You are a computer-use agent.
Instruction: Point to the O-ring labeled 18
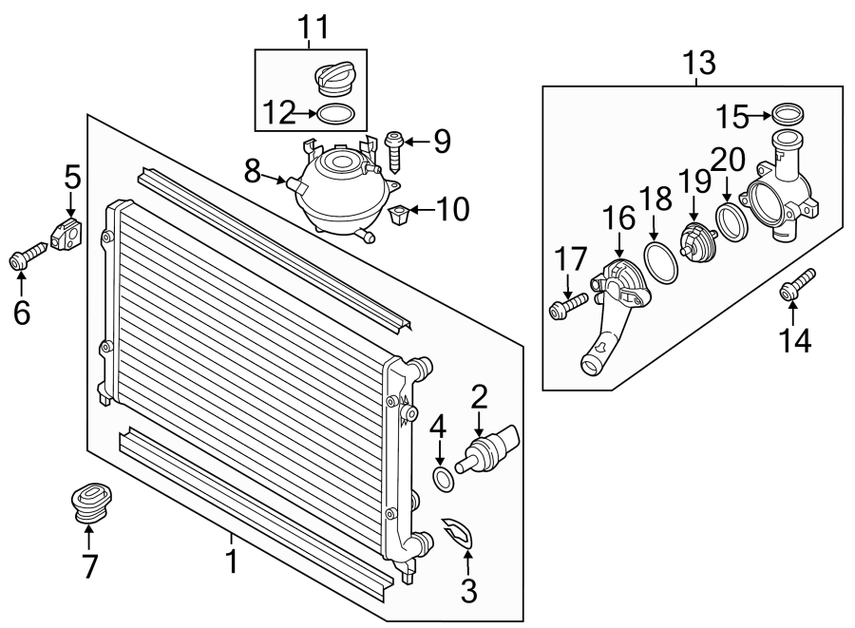click(x=661, y=262)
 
